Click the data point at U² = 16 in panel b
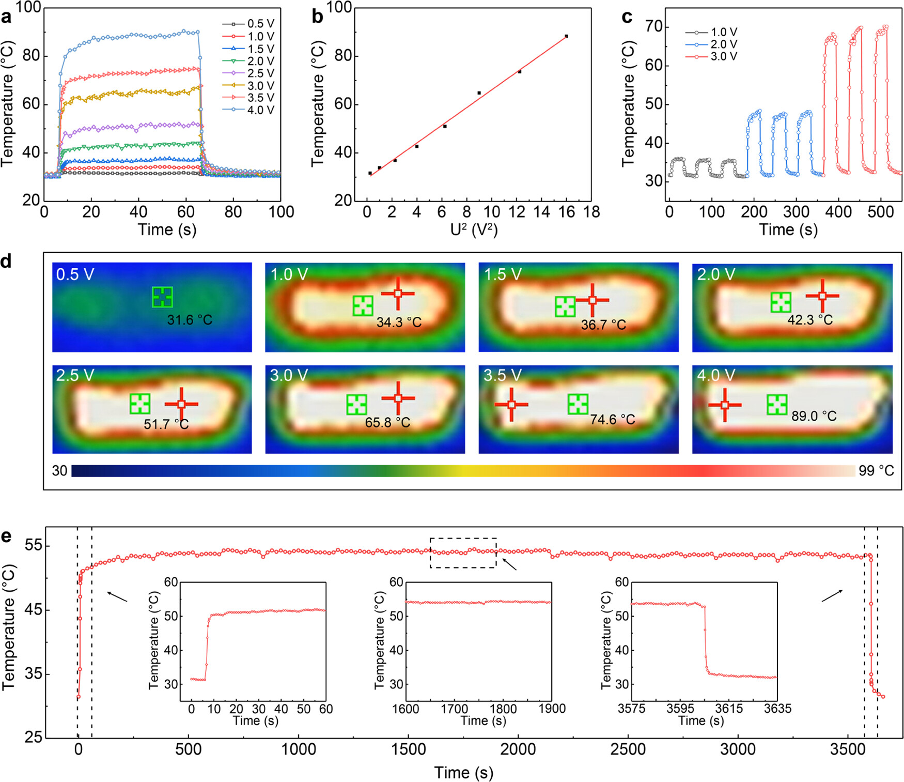(x=566, y=36)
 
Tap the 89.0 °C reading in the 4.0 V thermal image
(x=814, y=416)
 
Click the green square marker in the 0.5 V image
(x=162, y=297)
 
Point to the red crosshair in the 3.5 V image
(x=511, y=405)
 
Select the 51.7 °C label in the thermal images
(x=166, y=424)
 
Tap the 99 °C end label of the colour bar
(x=876, y=471)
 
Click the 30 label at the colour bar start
(x=60, y=471)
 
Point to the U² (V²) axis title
(x=474, y=229)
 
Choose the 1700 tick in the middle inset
(x=454, y=709)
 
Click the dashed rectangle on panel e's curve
(x=463, y=553)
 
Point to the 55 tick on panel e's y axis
(x=34, y=546)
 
